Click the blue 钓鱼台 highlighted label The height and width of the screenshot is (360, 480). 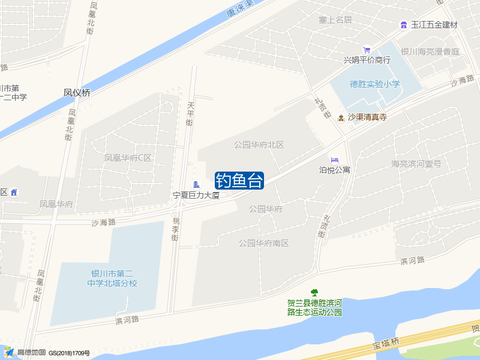tap(239, 180)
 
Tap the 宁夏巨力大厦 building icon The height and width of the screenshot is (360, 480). tap(196, 184)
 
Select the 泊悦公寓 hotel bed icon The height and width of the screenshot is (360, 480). tap(335, 160)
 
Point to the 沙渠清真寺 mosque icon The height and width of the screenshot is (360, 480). tap(341, 117)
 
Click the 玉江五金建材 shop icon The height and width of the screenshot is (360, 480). tap(404, 25)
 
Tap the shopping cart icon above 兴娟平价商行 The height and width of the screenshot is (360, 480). tap(367, 50)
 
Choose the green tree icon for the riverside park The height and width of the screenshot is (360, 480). tap(314, 293)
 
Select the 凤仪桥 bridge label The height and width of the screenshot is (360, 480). tap(77, 93)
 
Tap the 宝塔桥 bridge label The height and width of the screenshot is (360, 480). tap(386, 342)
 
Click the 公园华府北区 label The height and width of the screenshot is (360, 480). tap(259, 145)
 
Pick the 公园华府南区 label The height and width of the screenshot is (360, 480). tap(264, 243)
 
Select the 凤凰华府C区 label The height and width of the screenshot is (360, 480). tap(128, 158)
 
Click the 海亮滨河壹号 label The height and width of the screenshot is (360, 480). tap(416, 164)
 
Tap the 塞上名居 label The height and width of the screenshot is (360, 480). tap(335, 20)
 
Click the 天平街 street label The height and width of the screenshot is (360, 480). tap(190, 114)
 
